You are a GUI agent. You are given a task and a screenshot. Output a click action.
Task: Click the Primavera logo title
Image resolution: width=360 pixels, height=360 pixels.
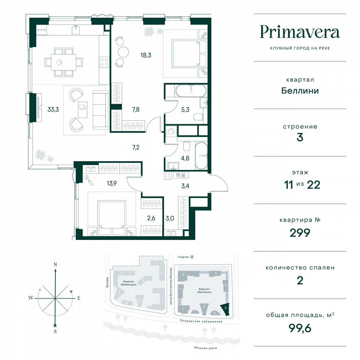pos(300,32)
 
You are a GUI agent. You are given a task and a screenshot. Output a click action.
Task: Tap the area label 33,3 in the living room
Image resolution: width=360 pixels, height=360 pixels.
pos(53,110)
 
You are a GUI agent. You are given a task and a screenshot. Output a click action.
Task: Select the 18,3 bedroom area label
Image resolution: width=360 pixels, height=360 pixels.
pos(145,54)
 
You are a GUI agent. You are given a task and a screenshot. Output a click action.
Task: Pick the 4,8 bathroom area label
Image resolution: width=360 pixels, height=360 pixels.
pos(185,158)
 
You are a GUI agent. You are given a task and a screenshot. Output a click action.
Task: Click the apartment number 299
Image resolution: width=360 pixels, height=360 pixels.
pos(300,232)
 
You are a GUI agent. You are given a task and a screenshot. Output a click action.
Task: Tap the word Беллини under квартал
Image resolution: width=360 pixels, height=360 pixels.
pos(300,90)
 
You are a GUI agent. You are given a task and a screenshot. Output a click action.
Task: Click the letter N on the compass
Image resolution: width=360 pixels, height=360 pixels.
pos(55,265)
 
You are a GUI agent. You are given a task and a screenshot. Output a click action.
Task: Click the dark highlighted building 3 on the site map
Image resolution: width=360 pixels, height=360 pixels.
pos(226,308)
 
